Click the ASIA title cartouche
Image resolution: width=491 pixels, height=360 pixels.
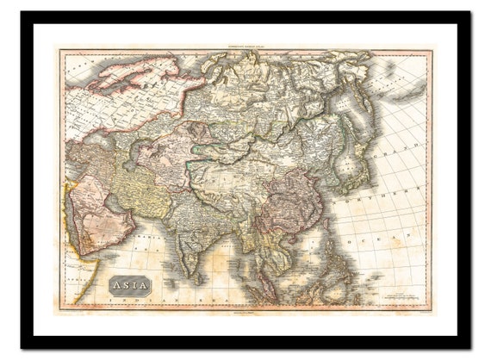point(130,284)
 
